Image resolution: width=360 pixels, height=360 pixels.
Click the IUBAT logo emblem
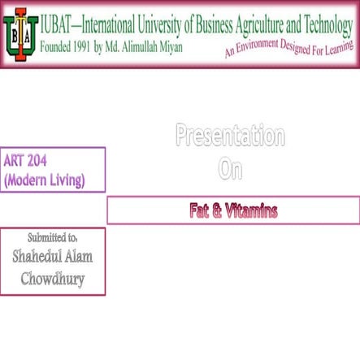tap(20, 34)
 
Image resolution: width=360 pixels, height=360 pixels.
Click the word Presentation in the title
tap(230, 136)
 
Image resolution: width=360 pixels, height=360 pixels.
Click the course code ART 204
tap(26, 160)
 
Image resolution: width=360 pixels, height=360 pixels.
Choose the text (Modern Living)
tap(44, 180)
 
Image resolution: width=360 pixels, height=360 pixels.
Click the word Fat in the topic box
tap(198, 211)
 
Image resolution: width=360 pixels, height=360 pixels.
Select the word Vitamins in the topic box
tap(252, 211)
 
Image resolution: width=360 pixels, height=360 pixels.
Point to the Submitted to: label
tap(52, 237)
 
